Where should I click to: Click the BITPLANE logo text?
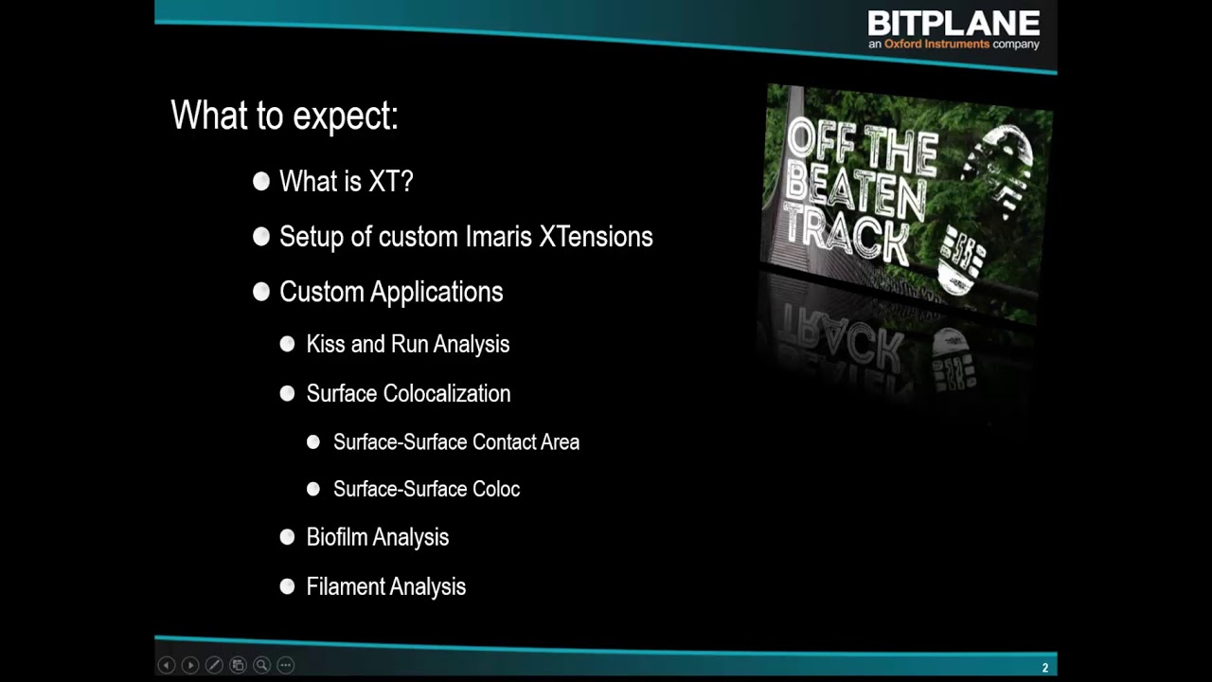(x=954, y=23)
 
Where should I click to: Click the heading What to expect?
(x=284, y=116)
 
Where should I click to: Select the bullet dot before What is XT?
(x=261, y=182)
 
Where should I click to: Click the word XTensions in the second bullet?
(x=596, y=237)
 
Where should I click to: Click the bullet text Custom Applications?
(x=391, y=292)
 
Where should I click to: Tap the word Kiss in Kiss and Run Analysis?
(x=325, y=344)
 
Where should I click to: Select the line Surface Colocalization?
(x=408, y=393)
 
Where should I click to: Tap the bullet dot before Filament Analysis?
(x=288, y=586)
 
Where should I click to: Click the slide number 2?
(x=1045, y=668)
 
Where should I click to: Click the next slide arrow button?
(x=189, y=665)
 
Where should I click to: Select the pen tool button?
(x=214, y=665)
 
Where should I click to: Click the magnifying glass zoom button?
(x=261, y=665)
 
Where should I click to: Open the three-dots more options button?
(x=286, y=665)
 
